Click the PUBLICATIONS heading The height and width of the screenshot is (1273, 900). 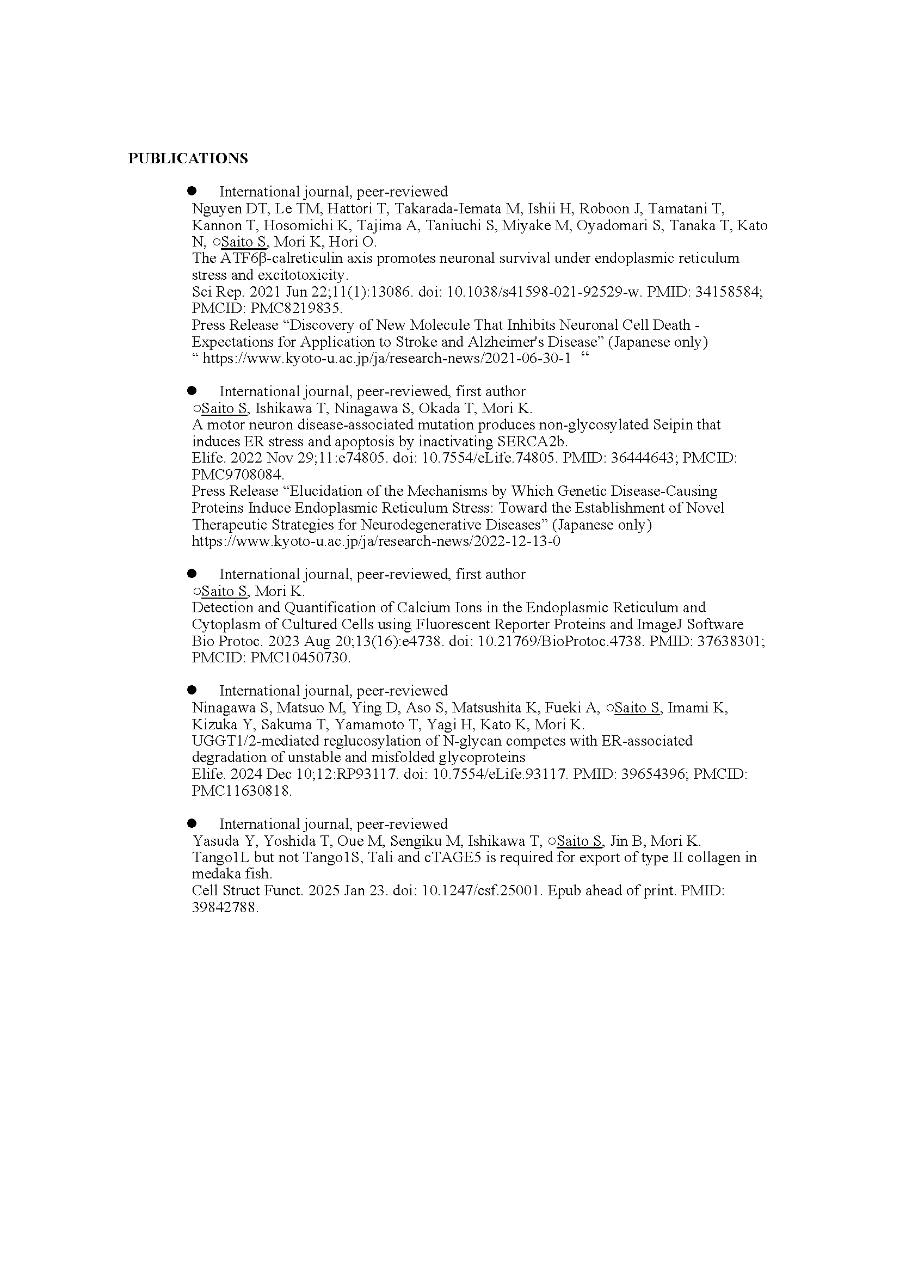click(x=188, y=158)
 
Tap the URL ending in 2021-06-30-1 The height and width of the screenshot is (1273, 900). click(x=386, y=359)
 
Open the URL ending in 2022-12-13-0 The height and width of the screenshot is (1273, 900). click(x=376, y=541)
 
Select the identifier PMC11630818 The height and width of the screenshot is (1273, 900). click(x=241, y=791)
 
